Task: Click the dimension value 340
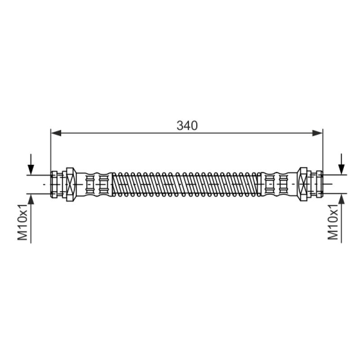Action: [187, 126]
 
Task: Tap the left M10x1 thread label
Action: [22, 222]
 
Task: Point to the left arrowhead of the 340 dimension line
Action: [56, 133]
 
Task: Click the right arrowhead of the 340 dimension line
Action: [318, 133]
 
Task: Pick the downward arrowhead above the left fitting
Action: [31, 170]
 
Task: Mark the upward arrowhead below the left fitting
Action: [31, 199]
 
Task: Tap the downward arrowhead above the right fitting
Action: [342, 170]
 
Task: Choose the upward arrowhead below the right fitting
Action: [342, 199]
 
